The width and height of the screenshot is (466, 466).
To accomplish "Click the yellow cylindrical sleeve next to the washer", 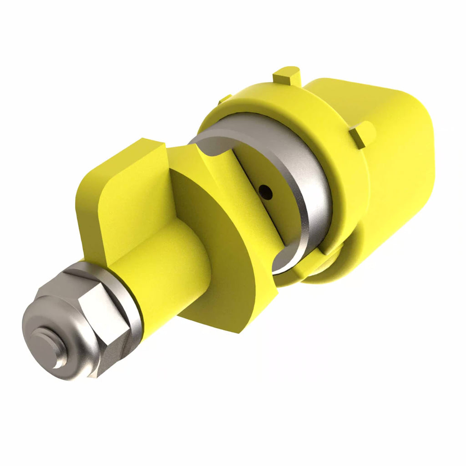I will click(173, 278).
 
